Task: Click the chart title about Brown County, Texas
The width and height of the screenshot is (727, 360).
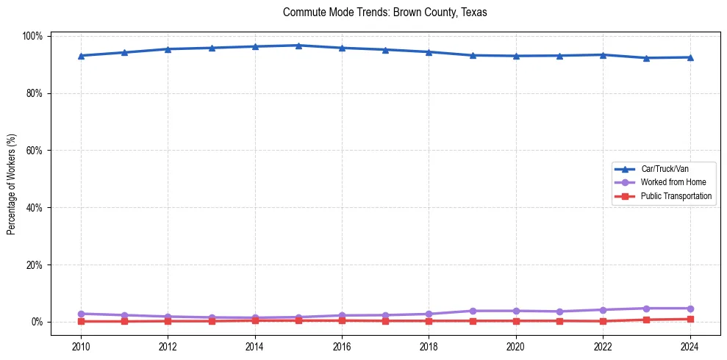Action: point(384,12)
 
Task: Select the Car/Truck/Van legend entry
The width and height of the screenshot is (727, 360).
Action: point(665,168)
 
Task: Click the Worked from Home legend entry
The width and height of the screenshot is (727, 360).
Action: point(673,182)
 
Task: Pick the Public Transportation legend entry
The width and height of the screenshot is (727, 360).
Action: point(676,196)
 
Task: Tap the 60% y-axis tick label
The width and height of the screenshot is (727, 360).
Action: point(35,151)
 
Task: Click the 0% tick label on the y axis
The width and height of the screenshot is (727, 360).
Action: point(37,322)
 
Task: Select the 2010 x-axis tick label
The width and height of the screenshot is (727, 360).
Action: point(81,345)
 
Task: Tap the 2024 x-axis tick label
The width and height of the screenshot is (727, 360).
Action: point(690,345)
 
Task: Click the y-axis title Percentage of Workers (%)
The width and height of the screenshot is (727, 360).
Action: point(12,179)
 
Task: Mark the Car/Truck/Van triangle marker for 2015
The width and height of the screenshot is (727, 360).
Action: point(298,46)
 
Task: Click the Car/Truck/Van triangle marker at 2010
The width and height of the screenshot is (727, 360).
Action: point(81,56)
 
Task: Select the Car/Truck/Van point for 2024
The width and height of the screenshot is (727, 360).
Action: point(690,57)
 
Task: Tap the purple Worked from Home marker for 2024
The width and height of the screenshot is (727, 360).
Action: point(690,309)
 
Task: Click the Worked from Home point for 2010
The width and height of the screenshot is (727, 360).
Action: point(81,314)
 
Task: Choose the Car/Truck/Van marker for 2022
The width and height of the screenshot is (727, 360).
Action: point(603,55)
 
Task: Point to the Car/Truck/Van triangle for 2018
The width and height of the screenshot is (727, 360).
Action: point(429,52)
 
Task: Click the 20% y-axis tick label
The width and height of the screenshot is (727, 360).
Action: point(35,264)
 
